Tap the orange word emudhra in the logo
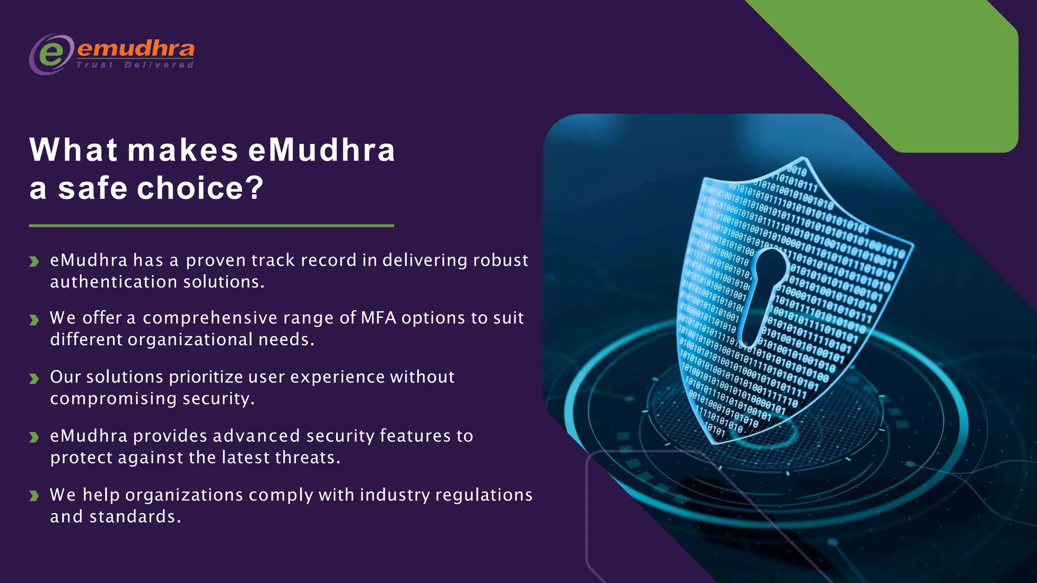pyautogui.click(x=136, y=49)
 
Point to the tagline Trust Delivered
pyautogui.click(x=135, y=65)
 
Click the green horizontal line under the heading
pyautogui.click(x=211, y=226)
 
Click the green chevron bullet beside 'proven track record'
pyautogui.click(x=34, y=262)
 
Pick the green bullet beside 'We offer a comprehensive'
pyautogui.click(x=34, y=320)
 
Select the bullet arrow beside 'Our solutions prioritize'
pyautogui.click(x=34, y=379)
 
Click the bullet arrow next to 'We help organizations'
pyautogui.click(x=34, y=496)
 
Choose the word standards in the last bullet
pyautogui.click(x=133, y=517)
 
